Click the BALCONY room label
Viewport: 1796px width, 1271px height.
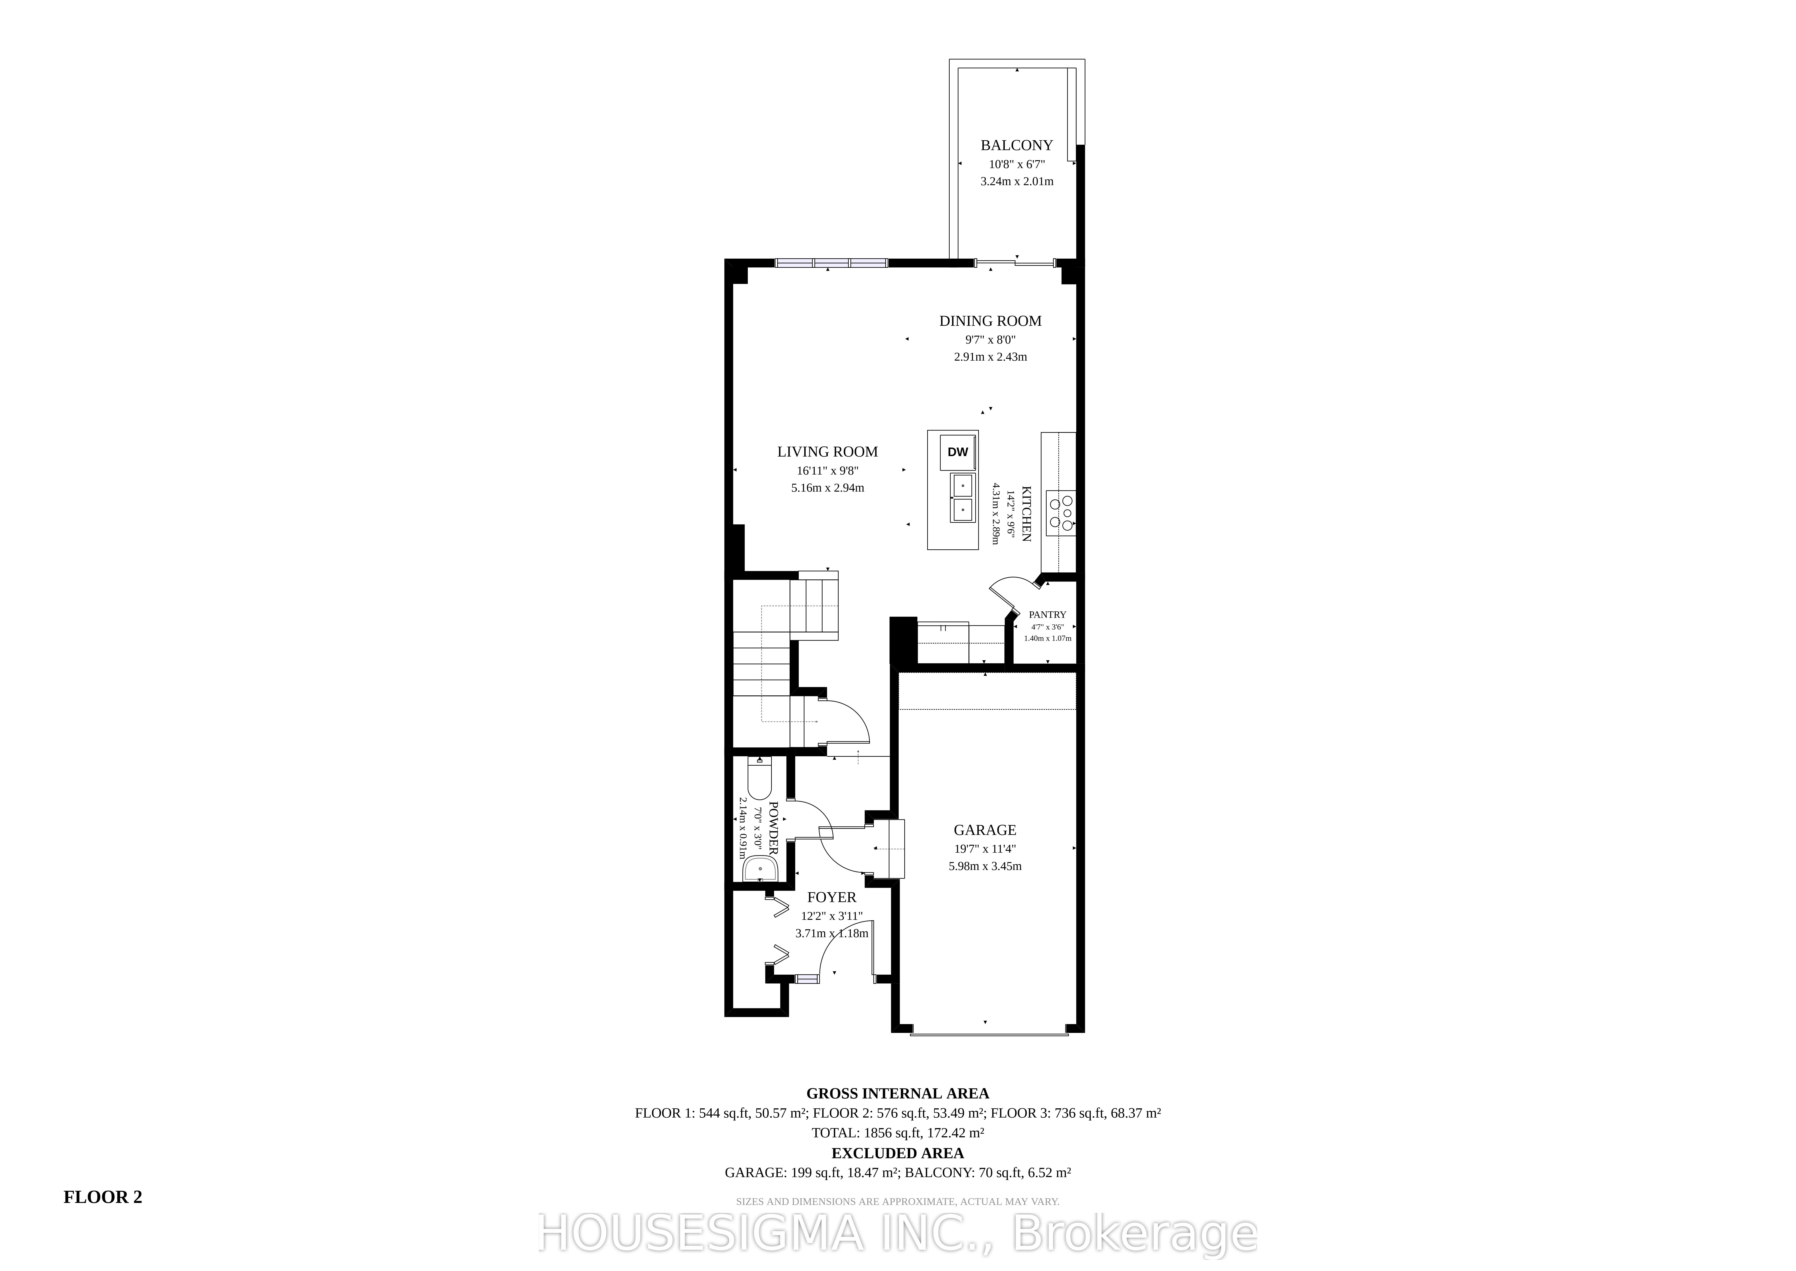pos(1017,146)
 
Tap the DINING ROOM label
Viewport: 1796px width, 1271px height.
pos(990,321)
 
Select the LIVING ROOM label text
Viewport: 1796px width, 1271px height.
pos(828,452)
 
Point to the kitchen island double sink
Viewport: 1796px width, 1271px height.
pos(962,498)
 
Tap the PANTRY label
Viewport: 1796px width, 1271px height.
pos(1048,615)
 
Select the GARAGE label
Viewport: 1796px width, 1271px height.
pos(985,830)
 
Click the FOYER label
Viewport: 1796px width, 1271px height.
pos(832,898)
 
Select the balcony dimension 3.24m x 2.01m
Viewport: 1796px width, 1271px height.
pos(1017,182)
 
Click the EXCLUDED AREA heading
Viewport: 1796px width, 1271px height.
pos(898,1153)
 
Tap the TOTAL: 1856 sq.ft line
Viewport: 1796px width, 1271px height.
pos(898,1132)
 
